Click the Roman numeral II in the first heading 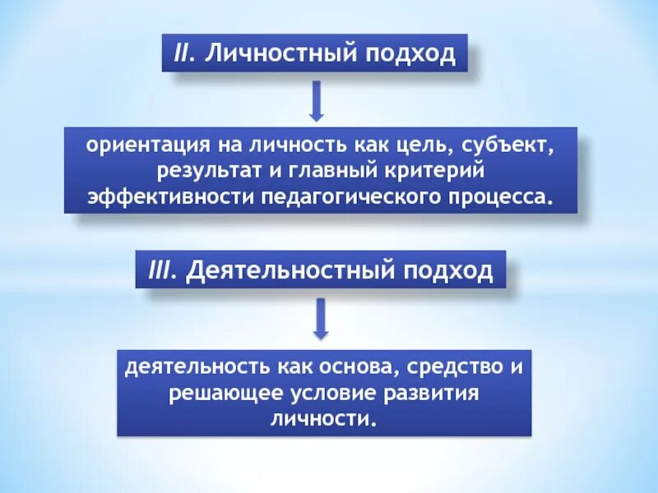click(182, 53)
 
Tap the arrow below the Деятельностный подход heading click(321, 319)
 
